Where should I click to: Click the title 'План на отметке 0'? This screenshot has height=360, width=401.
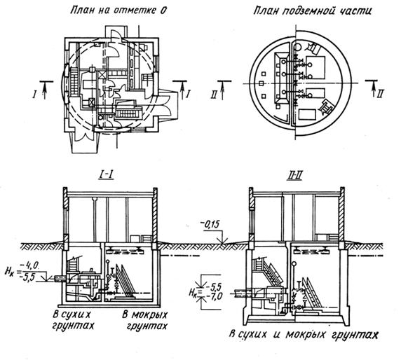point(118,11)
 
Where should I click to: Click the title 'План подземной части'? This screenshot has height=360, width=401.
point(312,11)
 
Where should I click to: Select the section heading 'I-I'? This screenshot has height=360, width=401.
point(106,175)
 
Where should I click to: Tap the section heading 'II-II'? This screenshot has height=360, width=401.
point(295,176)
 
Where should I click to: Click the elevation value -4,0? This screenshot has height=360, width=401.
point(30,266)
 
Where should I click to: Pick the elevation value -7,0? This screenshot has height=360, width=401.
point(213,296)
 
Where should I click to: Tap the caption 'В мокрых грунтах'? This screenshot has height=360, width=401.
point(144,320)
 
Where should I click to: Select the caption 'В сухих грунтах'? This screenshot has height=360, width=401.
point(73,320)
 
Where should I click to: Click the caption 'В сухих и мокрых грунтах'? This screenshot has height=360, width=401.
point(304,335)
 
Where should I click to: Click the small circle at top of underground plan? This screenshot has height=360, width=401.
point(297,47)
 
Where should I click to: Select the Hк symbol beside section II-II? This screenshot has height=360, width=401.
point(193,292)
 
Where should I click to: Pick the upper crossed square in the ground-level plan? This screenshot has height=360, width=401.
point(102,75)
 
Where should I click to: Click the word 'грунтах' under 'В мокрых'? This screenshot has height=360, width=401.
point(148,326)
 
